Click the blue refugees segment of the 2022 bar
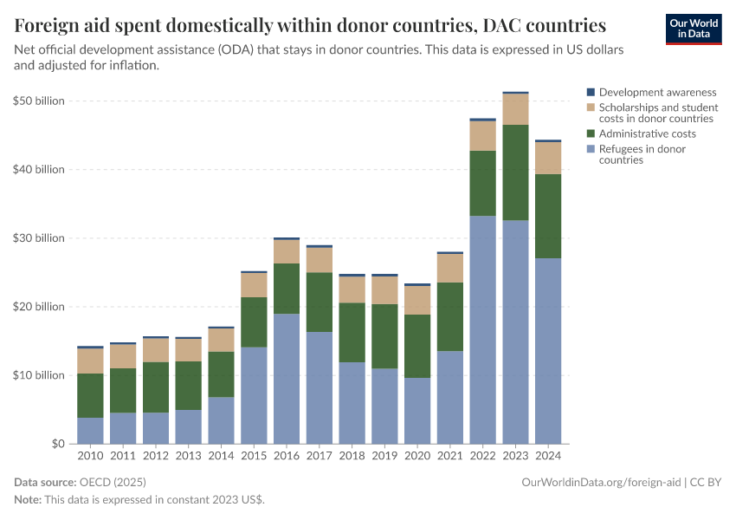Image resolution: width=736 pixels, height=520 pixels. coord(483,329)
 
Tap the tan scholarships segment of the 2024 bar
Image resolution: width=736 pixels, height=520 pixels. coord(549,158)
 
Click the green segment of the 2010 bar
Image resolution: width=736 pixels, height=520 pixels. coord(90,395)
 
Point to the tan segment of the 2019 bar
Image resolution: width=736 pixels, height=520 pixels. coord(385,290)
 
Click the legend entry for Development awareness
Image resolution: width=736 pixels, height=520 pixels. coord(657,92)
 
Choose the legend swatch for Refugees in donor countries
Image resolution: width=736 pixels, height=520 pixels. coord(591,149)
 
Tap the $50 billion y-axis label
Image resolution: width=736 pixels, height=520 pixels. coord(39,101)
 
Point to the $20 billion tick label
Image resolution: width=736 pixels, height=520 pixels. coord(39,307)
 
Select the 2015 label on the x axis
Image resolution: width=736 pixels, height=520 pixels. coord(254,456)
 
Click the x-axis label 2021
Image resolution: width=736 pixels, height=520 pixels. coord(450,456)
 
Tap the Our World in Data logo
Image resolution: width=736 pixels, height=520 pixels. coord(694,29)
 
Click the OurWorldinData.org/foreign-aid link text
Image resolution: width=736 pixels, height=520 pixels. coord(601,481)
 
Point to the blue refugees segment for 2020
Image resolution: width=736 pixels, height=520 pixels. coord(417,411)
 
